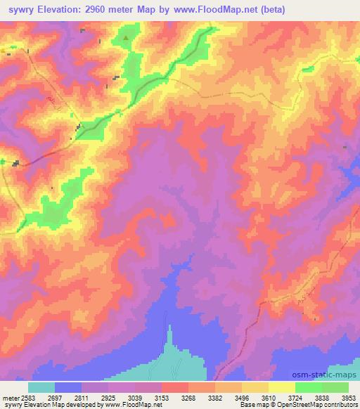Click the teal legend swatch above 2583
41,387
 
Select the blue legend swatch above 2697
68,387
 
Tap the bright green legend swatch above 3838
309,387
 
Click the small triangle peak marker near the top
126,38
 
